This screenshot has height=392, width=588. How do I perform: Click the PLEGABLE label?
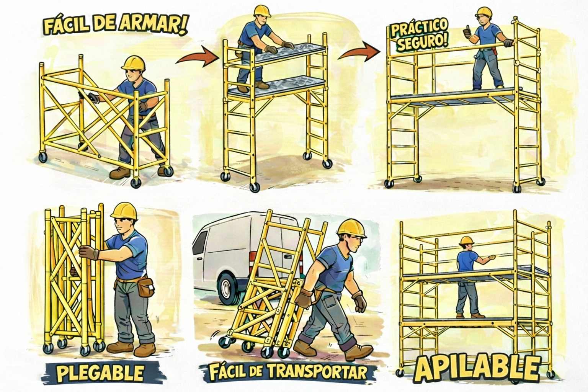click(x=100, y=373)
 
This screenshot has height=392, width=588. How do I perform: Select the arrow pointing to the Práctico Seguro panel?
click(x=359, y=53)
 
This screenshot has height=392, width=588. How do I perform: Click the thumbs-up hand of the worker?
click(x=467, y=33)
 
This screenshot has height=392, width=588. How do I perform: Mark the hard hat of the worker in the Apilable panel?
click(x=466, y=240)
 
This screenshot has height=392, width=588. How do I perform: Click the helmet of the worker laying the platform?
click(x=262, y=11)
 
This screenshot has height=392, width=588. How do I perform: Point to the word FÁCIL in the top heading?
click(x=65, y=26)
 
